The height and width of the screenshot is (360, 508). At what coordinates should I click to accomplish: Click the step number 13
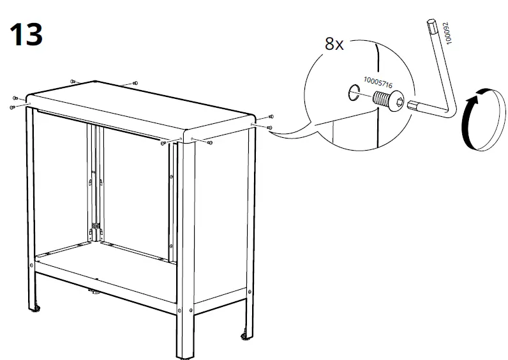click(26, 34)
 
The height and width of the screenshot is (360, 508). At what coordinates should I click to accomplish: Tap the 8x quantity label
click(334, 44)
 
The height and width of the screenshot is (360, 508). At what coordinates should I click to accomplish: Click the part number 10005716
click(378, 82)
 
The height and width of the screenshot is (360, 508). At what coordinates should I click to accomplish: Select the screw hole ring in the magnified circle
click(354, 93)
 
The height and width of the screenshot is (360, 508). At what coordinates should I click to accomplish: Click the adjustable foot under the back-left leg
click(34, 308)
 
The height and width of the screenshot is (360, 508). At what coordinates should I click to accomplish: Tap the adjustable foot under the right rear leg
click(246, 336)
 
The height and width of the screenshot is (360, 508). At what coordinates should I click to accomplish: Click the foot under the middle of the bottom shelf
click(94, 292)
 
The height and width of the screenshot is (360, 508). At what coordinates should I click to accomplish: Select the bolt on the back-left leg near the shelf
click(31, 265)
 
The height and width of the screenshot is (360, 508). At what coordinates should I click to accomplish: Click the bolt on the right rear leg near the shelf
click(250, 292)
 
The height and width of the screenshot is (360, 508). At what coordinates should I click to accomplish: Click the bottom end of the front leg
click(186, 357)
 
